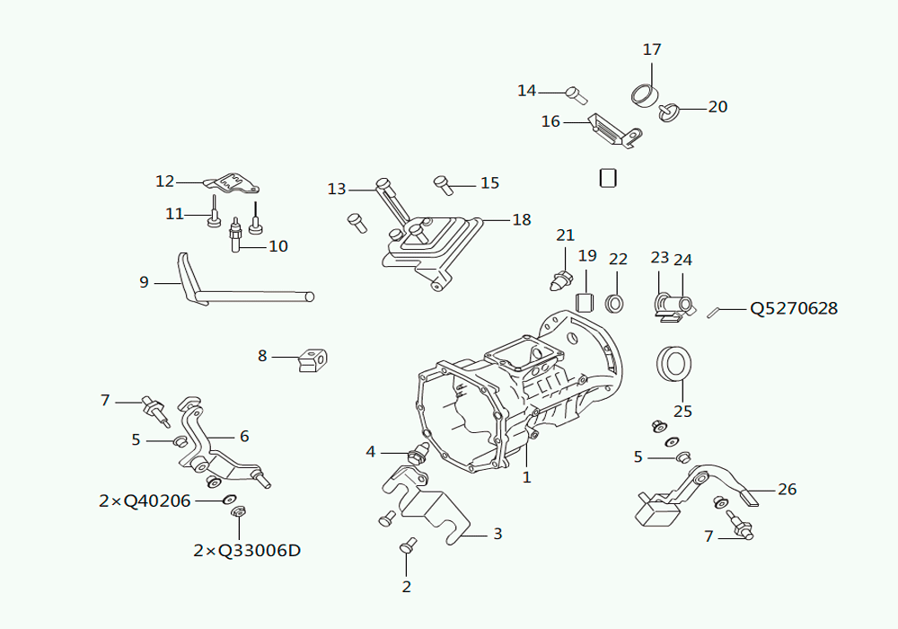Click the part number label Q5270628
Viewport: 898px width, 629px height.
(x=794, y=309)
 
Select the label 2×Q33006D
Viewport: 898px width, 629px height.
(x=247, y=551)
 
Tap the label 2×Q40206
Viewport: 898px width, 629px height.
(x=145, y=501)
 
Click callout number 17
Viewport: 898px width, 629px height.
(x=652, y=49)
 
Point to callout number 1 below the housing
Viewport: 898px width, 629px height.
(x=527, y=477)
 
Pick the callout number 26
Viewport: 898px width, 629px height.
(x=787, y=489)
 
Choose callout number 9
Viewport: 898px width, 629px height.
(x=144, y=282)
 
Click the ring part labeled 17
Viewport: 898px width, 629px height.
(x=645, y=94)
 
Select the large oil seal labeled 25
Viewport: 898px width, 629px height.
(x=673, y=363)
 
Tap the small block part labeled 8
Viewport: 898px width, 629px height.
(x=313, y=360)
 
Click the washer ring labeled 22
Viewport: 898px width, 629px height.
(x=615, y=303)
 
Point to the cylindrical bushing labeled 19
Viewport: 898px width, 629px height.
(x=585, y=301)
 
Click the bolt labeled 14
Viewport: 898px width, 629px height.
(x=577, y=95)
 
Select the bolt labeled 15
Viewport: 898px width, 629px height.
(x=444, y=184)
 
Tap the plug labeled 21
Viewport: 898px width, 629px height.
(x=561, y=280)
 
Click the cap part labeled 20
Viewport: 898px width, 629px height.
(x=668, y=112)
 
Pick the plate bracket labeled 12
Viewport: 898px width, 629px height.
(x=233, y=182)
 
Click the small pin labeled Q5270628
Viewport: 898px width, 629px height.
(x=713, y=313)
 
